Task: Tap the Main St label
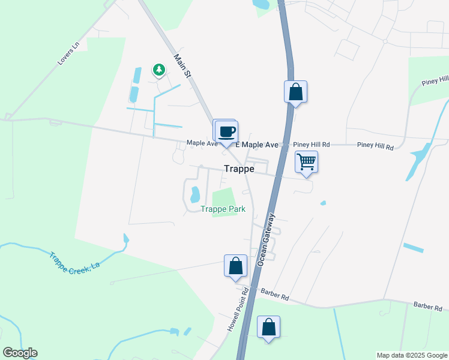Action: click(x=182, y=67)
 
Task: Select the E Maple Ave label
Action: click(x=257, y=145)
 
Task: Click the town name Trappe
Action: click(x=239, y=169)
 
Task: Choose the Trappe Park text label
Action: click(x=223, y=209)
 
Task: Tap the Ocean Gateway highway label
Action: click(x=268, y=239)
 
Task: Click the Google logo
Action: click(x=20, y=353)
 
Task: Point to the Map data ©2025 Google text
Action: click(x=412, y=355)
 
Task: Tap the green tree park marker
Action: click(x=159, y=71)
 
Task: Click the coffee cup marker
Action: click(x=226, y=132)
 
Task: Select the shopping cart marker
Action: click(x=306, y=161)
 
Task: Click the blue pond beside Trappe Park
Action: click(x=194, y=194)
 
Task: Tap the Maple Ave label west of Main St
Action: click(x=202, y=143)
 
